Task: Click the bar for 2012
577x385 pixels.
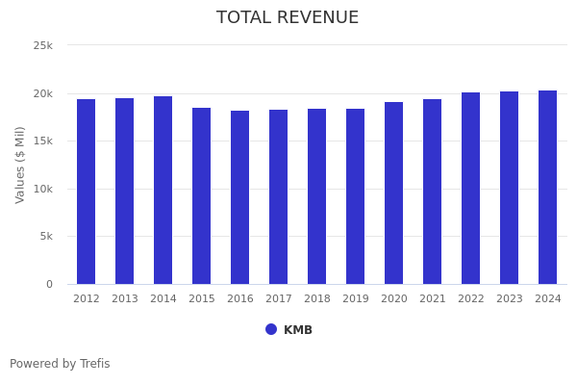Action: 87,192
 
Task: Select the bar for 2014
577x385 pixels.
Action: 163,190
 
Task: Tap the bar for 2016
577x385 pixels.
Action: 240,197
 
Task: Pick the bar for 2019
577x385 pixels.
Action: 356,196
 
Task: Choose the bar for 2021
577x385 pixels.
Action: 433,192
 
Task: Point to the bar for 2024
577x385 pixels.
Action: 548,187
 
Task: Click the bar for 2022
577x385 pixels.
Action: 471,188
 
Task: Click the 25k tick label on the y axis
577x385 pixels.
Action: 42,46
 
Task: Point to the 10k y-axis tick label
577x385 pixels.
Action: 42,189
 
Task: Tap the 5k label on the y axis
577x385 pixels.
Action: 46,237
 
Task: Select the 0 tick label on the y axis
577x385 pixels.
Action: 49,284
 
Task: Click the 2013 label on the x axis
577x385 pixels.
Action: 125,299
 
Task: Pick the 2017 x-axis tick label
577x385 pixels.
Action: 279,299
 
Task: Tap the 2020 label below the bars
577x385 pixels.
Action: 394,299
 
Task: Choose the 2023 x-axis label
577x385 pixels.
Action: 510,299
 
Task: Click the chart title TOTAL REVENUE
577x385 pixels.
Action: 288,18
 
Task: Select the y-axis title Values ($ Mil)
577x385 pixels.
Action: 20,165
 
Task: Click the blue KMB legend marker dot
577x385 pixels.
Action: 271,329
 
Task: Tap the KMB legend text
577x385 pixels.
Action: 298,330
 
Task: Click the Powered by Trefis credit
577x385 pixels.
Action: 60,364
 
